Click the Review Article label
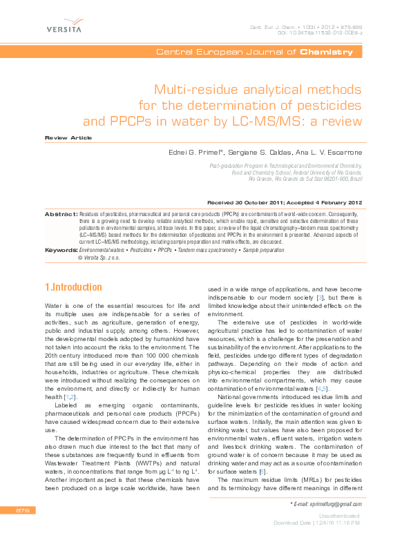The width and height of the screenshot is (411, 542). [x=68, y=138]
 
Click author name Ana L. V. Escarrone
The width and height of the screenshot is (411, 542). [x=327, y=151]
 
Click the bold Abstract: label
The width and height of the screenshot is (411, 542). [x=61, y=215]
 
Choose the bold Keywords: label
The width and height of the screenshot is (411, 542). [x=61, y=250]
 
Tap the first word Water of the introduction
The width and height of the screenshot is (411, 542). [x=55, y=305]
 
